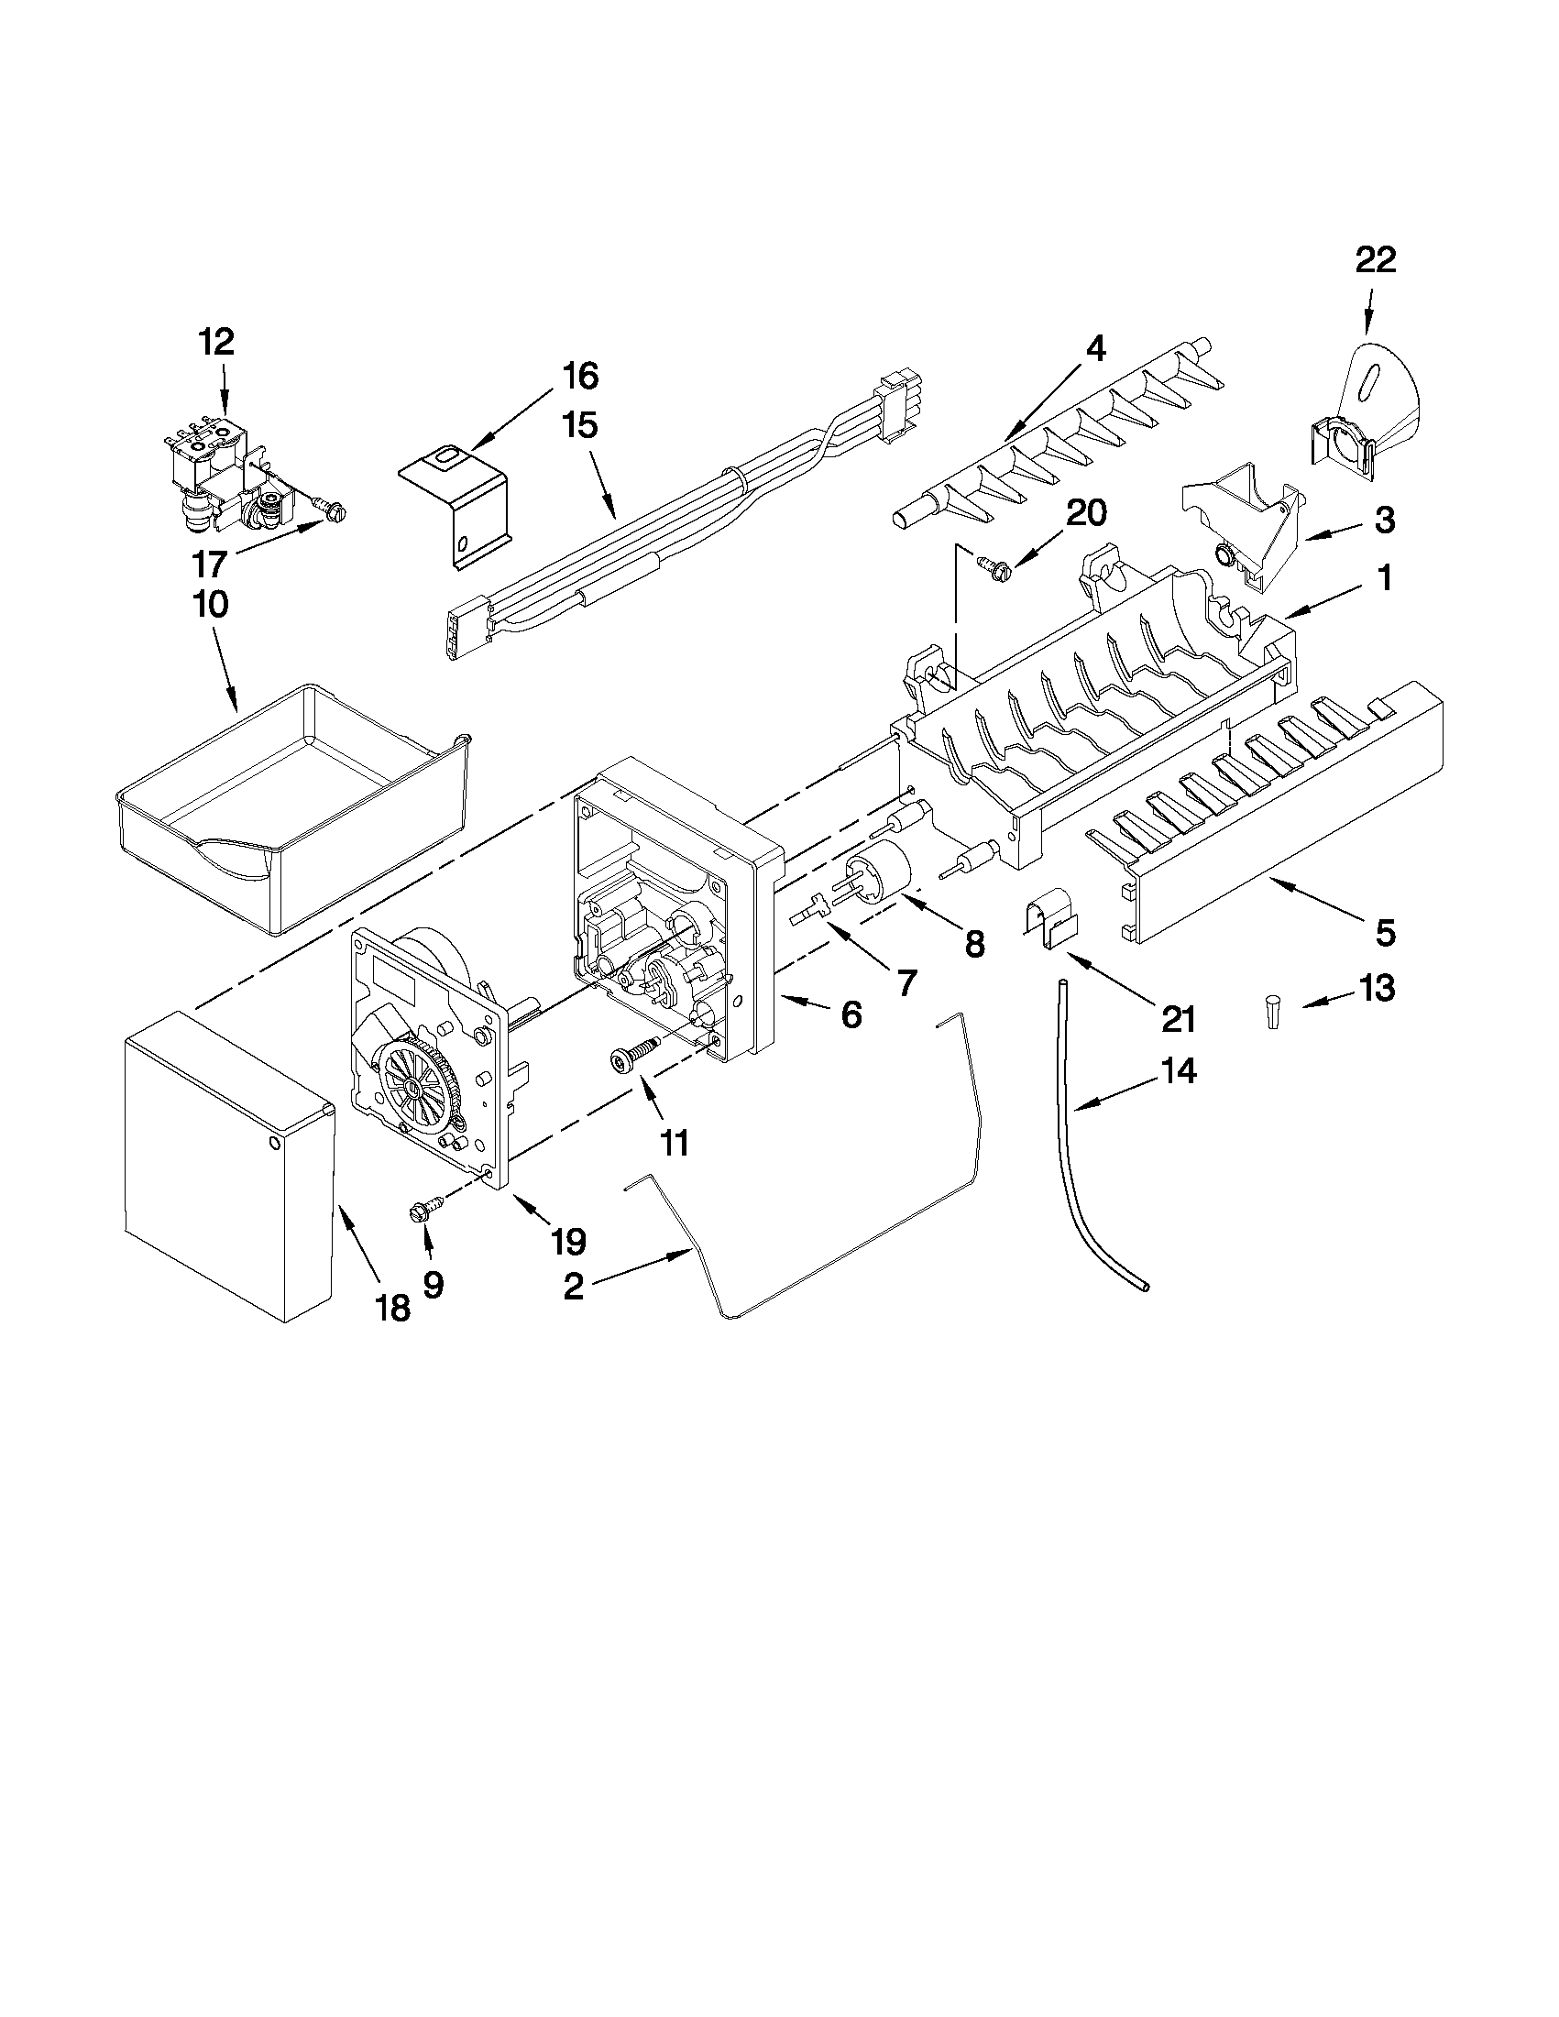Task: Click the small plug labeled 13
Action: pyautogui.click(x=1274, y=1012)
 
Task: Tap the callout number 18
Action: pyautogui.click(x=393, y=1308)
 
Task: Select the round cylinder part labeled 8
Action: pyautogui.click(x=877, y=868)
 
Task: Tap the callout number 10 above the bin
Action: pyautogui.click(x=210, y=605)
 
